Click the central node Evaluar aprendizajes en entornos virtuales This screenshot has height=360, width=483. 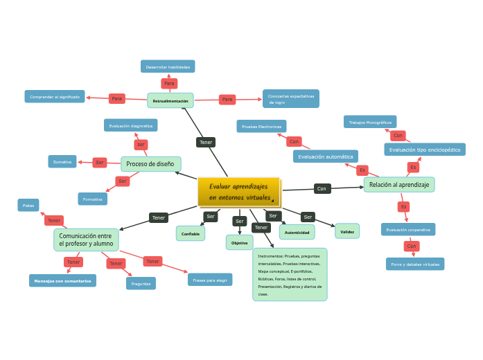238,192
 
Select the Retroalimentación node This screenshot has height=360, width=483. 170,100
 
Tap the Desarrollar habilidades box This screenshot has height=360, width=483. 168,66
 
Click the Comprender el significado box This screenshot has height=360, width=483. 55,97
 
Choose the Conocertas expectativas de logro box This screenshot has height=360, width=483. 291,99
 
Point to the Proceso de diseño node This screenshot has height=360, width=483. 150,164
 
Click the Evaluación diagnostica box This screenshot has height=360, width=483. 131,125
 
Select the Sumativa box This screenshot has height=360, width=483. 62,161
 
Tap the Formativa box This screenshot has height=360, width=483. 93,199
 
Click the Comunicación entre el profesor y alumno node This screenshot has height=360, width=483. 86,240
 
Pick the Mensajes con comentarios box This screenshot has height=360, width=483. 62,280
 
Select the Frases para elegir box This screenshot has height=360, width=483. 210,280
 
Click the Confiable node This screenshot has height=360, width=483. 191,233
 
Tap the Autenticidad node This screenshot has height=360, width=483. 297,232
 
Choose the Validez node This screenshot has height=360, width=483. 347,231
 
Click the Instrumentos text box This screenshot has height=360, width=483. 290,274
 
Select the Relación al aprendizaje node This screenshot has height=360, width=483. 399,184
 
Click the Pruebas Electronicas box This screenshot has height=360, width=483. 261,126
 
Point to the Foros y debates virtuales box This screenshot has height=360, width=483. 415,264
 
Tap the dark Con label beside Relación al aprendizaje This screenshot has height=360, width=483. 322,188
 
